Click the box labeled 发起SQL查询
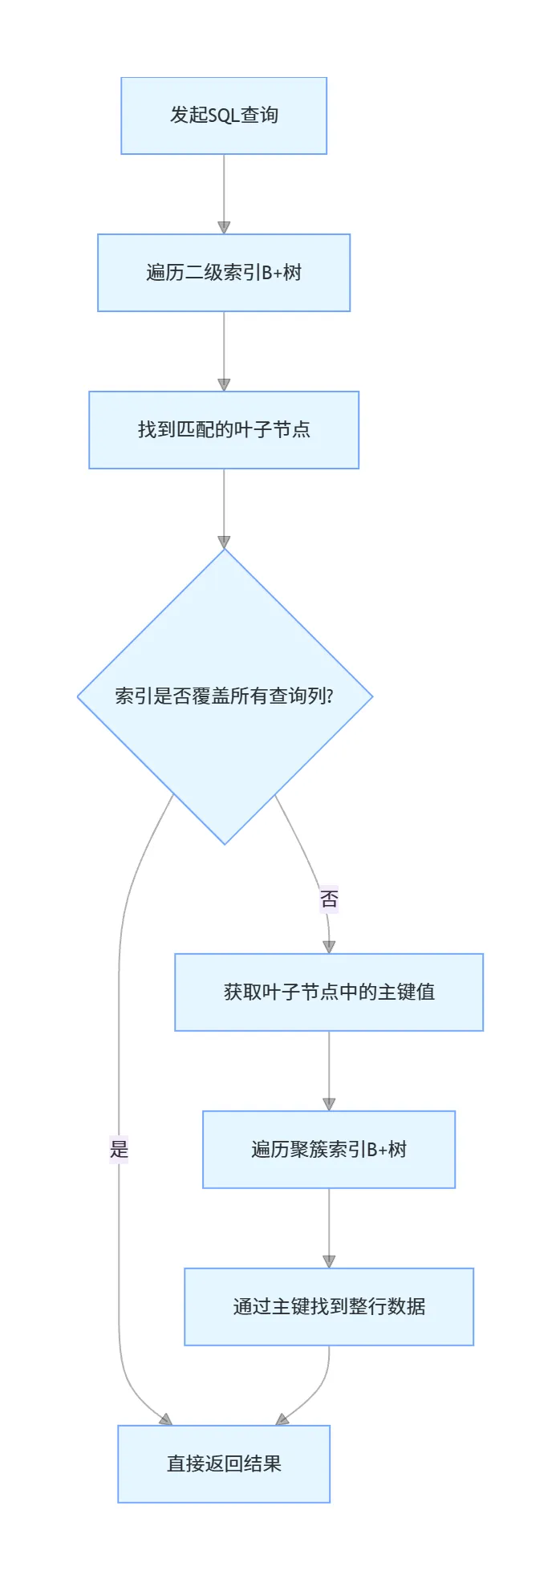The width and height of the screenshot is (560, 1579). [x=224, y=116]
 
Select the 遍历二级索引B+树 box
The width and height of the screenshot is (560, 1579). [x=224, y=273]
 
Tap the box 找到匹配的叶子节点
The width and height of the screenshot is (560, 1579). [x=224, y=430]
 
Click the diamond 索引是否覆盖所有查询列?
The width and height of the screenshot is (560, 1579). [x=225, y=696]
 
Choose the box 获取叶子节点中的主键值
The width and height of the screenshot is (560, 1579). [x=329, y=992]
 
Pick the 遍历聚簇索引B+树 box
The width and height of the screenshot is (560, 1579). [x=329, y=1150]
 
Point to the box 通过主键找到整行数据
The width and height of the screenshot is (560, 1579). [x=329, y=1307]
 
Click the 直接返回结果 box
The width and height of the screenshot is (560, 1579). [x=224, y=1464]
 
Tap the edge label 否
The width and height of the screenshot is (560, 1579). [x=329, y=899]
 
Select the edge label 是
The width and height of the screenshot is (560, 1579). [x=120, y=1150]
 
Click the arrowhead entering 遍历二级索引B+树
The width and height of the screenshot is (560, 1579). [x=224, y=228]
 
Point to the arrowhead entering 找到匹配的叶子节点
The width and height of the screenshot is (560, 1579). [x=224, y=385]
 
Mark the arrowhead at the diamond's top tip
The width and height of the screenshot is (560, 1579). [x=224, y=542]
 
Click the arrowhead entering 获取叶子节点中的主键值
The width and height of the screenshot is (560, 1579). [x=329, y=947]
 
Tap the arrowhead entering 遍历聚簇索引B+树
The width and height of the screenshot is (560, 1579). [x=329, y=1104]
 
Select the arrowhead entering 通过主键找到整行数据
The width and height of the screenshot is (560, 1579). [x=329, y=1261]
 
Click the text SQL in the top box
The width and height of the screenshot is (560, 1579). [x=224, y=116]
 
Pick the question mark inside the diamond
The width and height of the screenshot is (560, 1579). [x=330, y=696]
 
